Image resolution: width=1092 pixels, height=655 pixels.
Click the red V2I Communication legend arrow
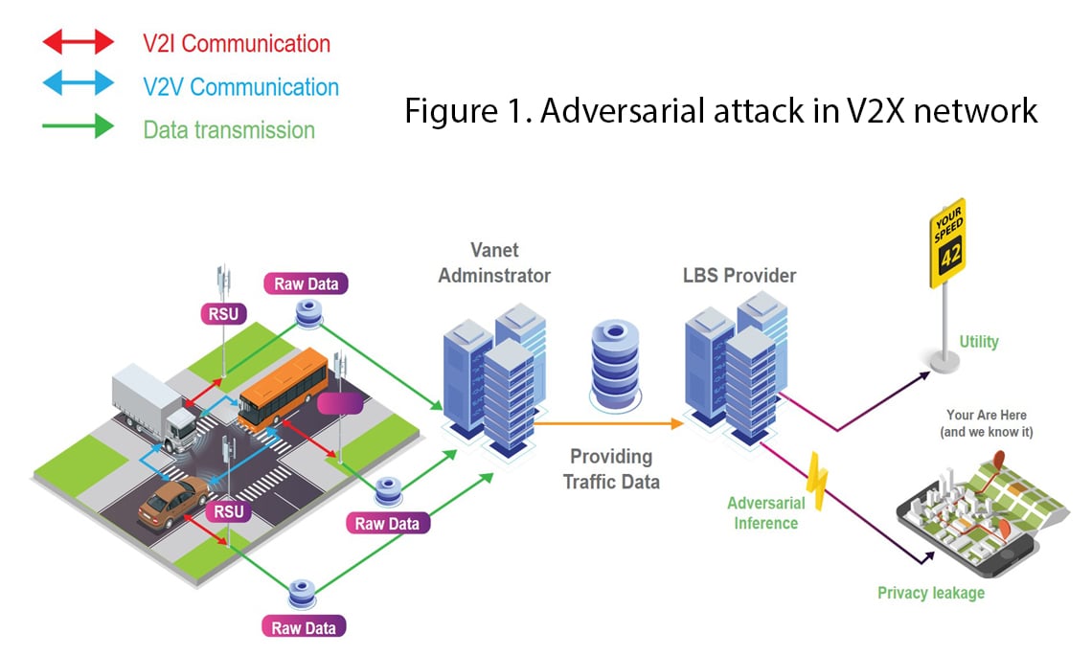tap(78, 43)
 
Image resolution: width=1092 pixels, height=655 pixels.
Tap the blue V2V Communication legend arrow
tap(78, 85)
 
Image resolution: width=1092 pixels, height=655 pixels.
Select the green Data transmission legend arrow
tap(78, 127)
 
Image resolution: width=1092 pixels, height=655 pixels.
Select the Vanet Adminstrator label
tap(494, 262)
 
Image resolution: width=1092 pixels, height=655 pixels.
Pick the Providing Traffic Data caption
tap(612, 469)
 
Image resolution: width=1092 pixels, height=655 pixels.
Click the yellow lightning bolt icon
tap(816, 483)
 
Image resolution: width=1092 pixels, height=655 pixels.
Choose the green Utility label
tap(978, 341)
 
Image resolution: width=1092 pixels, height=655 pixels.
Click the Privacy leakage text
tap(930, 593)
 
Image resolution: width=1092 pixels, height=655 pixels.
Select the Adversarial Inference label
tap(765, 513)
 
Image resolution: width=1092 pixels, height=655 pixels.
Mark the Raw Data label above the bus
tap(306, 283)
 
